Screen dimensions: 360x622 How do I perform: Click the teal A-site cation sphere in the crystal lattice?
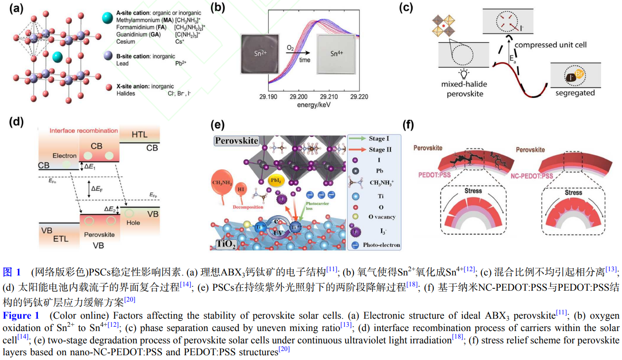pyautogui.click(x=57, y=57)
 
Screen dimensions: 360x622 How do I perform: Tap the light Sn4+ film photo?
pyautogui.click(x=337, y=54)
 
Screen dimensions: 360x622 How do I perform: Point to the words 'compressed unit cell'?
pyautogui.click(x=550, y=45)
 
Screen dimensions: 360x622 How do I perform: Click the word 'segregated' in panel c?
pyautogui.click(x=575, y=93)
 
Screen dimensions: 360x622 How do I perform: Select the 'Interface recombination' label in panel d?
pyautogui.click(x=84, y=131)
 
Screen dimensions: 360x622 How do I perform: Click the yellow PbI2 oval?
pyautogui.click(x=277, y=181)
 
